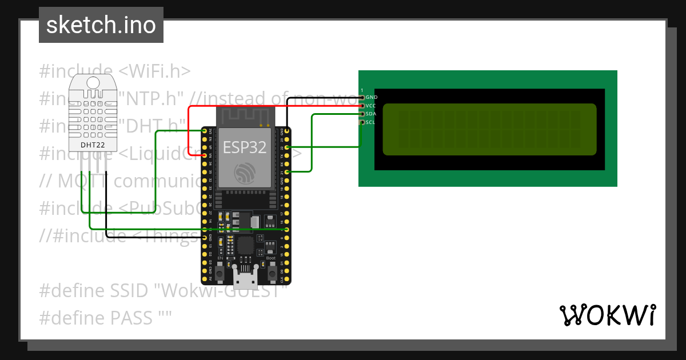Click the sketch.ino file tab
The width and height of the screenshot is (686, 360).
101,25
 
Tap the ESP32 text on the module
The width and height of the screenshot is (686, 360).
245,147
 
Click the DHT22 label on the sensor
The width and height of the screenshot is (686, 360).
93,145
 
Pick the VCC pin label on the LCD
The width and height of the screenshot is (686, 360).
370,106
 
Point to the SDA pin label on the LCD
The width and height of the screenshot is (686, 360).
370,114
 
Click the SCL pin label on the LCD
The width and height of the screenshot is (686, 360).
370,122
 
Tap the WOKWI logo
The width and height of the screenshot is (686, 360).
607,315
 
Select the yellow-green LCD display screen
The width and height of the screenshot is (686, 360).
489,130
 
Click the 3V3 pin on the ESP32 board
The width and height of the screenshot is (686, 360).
205,131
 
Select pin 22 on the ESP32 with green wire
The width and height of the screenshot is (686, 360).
287,147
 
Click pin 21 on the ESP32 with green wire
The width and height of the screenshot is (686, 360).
287,171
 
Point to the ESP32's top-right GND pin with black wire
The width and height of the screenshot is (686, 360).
287,131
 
